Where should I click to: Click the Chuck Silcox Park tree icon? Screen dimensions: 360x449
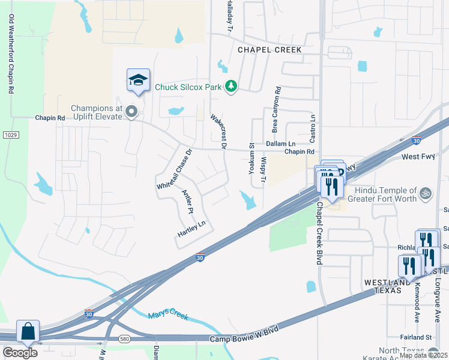point(231,87)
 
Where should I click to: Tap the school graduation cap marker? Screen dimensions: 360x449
point(138,80)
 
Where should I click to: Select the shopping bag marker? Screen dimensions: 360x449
point(28,331)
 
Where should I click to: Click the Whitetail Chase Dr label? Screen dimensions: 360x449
point(173,170)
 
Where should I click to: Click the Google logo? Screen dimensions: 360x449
point(20,352)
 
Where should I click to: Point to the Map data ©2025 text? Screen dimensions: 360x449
point(423,355)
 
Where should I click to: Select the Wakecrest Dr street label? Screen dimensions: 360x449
point(218,130)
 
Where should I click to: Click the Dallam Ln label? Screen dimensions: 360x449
point(281,144)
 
